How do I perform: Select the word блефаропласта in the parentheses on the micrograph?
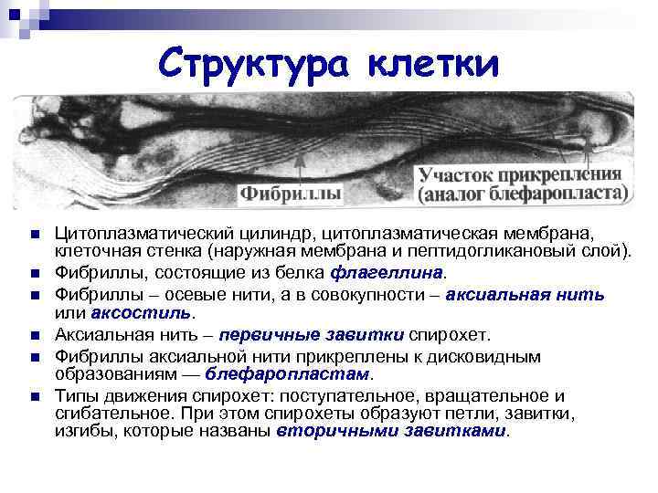[x=547, y=194]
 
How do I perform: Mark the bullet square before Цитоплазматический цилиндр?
[x=34, y=235]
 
